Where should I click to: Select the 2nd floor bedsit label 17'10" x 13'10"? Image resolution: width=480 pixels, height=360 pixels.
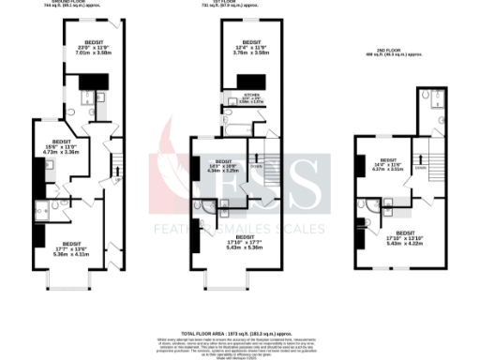pos(406,237)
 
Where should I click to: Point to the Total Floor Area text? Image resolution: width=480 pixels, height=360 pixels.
pos(240,332)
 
